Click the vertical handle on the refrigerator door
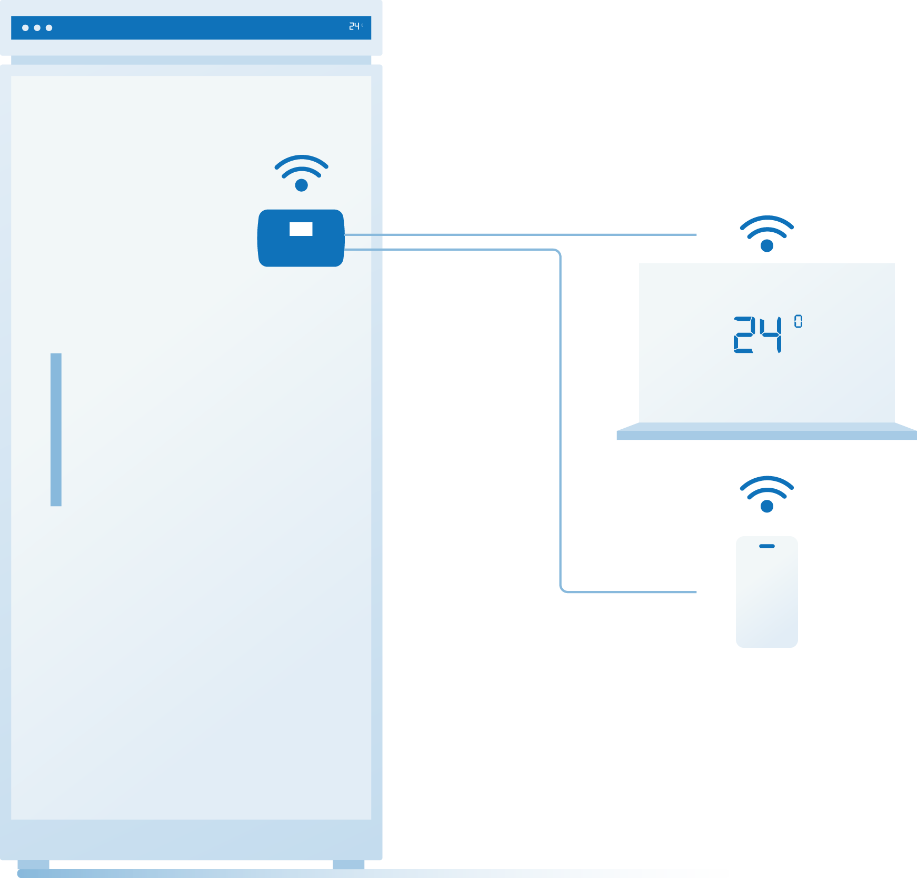pyautogui.click(x=56, y=429)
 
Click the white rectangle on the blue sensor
pyautogui.click(x=301, y=229)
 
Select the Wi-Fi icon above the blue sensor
pyautogui.click(x=301, y=173)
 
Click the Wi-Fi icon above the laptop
pyautogui.click(x=766, y=233)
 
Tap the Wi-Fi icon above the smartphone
pyautogui.click(x=766, y=494)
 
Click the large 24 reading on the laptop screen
pyautogui.click(x=757, y=334)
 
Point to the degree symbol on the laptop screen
pyautogui.click(x=798, y=321)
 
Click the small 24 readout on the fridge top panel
pyautogui.click(x=354, y=26)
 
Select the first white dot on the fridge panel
pyautogui.click(x=25, y=28)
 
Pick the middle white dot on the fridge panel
pyautogui.click(x=37, y=28)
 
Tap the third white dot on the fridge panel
pyautogui.click(x=49, y=28)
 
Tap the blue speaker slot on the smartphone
pyautogui.click(x=766, y=546)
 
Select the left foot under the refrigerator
pyautogui.click(x=33, y=864)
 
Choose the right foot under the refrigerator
pyautogui.click(x=348, y=864)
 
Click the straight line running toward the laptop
pyautogui.click(x=526, y=234)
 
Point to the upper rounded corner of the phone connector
pyautogui.click(x=558, y=252)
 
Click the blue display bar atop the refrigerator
pyautogui.click(x=190, y=28)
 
